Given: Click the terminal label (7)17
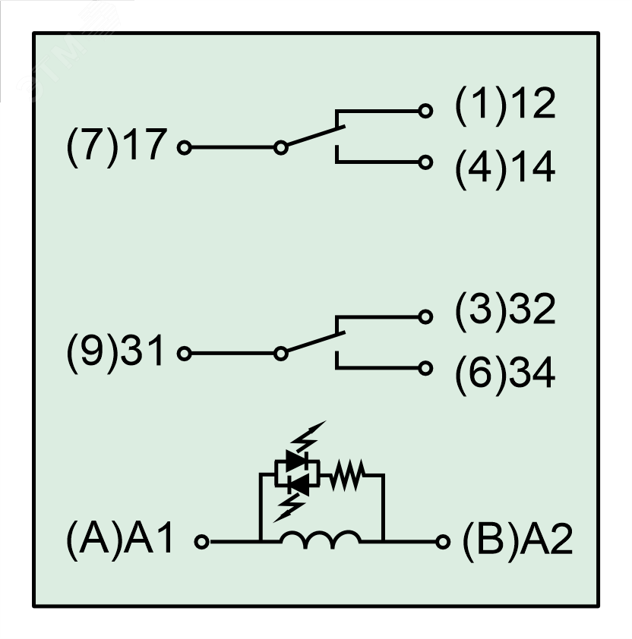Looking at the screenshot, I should (x=113, y=146).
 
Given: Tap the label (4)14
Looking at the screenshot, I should (x=504, y=168).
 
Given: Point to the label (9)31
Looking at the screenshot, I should (x=113, y=353).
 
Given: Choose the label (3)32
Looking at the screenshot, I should (x=504, y=312).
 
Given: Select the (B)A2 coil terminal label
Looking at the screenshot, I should (x=516, y=543).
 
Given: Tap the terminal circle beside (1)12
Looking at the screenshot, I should (x=426, y=111).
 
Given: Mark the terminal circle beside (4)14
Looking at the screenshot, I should (x=426, y=162).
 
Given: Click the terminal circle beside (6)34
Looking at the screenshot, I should (x=426, y=368).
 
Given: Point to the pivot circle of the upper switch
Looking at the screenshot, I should (x=280, y=146).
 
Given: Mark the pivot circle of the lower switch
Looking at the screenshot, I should (x=280, y=353).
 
